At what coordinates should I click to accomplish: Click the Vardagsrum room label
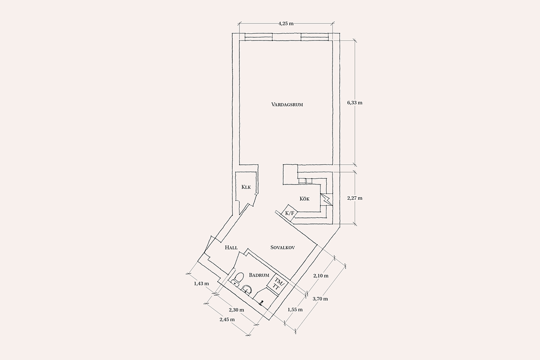point(287,105)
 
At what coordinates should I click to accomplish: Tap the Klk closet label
point(246,187)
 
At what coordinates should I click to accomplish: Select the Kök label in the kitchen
point(305,199)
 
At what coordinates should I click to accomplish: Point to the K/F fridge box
point(289,213)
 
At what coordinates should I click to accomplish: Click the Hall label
point(231,247)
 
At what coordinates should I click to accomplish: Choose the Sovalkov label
point(283,247)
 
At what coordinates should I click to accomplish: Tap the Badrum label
point(259,275)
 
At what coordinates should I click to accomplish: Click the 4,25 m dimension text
point(286,24)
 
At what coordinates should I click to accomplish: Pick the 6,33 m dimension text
point(355,103)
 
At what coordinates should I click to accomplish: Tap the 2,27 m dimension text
point(355,198)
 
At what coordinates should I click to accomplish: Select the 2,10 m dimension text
point(320,275)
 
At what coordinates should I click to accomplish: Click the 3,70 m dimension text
point(320,299)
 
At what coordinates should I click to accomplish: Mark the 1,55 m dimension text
point(295,310)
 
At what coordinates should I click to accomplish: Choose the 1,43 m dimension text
point(201,283)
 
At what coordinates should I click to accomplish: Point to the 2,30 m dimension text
point(236,310)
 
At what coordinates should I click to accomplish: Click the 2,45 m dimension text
point(227,320)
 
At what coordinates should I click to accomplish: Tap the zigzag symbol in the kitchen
point(326,199)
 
